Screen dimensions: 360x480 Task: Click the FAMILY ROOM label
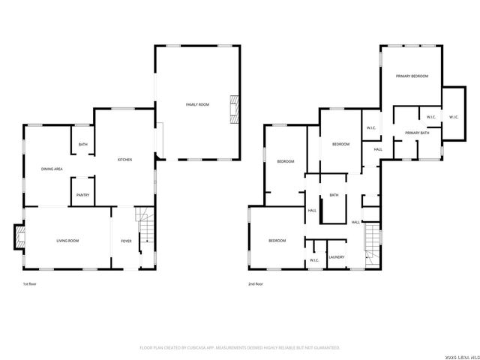[x=197, y=103]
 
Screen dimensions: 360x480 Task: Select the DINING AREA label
[x=52, y=169]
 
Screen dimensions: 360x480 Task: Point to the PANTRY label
[x=82, y=196]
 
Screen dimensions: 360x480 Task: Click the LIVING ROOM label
[x=67, y=240]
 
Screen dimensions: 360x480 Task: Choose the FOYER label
[x=126, y=240]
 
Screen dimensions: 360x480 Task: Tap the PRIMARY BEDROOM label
[x=412, y=76]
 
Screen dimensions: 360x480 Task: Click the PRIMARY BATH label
[x=416, y=133]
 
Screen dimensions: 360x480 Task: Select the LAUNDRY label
[x=336, y=257]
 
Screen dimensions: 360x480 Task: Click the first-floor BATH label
[x=82, y=145]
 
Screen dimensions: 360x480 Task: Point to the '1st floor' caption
[x=30, y=284]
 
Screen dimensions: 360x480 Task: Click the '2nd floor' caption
[x=256, y=284]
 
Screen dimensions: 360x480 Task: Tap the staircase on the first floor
[x=145, y=228]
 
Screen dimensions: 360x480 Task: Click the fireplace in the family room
[x=235, y=109]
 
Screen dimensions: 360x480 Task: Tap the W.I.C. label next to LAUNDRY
[x=315, y=260]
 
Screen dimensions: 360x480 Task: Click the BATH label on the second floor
[x=334, y=196]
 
